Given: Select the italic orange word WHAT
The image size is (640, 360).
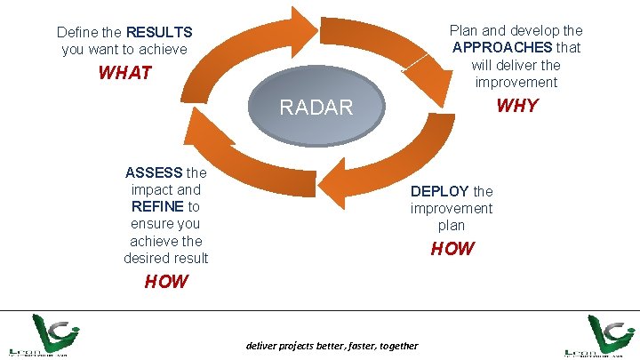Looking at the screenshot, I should pos(125,73).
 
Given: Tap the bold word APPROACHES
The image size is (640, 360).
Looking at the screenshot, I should pos(503,47).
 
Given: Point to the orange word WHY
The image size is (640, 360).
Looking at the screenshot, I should pos(516,106).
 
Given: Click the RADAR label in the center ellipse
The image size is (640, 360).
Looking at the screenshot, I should pos(316,108).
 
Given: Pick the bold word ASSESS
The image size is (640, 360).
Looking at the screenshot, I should pos(155,172).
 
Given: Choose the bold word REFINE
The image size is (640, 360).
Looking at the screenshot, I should pos(158,206).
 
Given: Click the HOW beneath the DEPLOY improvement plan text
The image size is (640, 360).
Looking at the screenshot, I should pos(452,249).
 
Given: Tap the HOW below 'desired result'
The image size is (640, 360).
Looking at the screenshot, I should pos(166,282).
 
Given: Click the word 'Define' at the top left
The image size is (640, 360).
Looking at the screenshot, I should pos(76,32).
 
